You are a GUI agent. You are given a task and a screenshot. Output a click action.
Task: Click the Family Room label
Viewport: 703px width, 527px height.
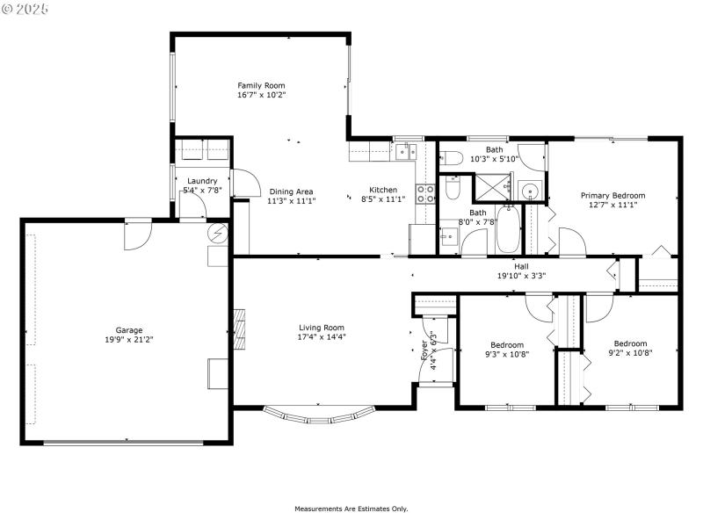[261, 85]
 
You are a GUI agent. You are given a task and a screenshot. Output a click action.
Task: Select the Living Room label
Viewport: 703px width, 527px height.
[321, 328]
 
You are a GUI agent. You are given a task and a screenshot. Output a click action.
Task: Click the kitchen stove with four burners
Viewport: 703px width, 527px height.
[425, 193]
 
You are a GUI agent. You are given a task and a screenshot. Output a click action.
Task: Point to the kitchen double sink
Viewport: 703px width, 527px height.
[405, 152]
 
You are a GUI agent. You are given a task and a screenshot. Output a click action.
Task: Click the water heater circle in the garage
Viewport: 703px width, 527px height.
[217, 234]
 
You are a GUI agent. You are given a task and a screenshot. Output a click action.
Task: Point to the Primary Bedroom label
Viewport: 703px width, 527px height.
[612, 196]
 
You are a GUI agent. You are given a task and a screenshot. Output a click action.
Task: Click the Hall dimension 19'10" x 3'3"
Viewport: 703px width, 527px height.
[521, 276]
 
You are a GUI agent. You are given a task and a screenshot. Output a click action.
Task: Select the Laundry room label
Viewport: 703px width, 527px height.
[201, 181]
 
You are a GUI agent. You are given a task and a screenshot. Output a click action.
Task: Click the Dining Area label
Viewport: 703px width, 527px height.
[291, 191]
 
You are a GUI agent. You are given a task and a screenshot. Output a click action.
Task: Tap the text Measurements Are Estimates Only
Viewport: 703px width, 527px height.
[351, 509]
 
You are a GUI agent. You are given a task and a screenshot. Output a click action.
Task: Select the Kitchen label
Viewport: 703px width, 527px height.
[382, 190]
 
